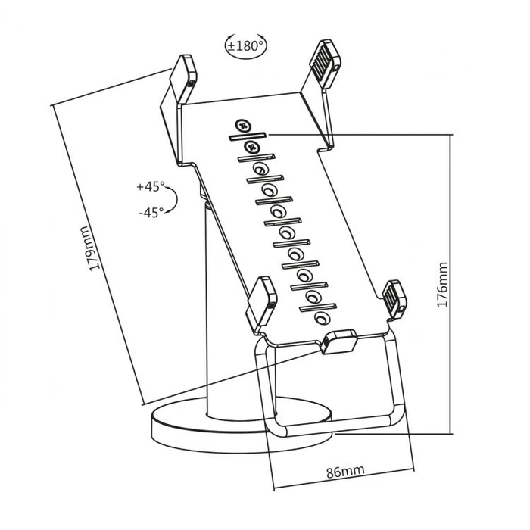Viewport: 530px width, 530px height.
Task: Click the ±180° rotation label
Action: click(x=246, y=45)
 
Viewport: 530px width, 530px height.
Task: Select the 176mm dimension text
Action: click(x=442, y=284)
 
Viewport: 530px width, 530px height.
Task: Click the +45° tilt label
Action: click(x=151, y=185)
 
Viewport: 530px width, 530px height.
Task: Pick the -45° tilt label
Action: click(x=151, y=213)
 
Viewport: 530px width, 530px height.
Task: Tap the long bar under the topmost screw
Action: click(x=245, y=136)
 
